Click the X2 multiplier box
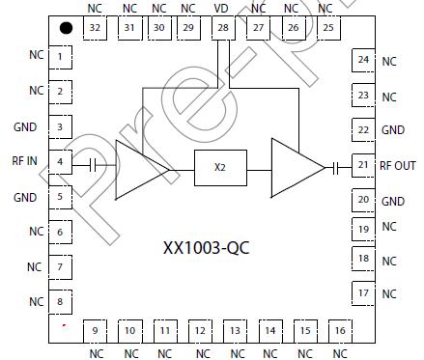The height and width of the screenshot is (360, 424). [x=220, y=167]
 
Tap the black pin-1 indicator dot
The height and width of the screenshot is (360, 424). [x=65, y=28]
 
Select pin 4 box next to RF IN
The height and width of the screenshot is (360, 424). [x=61, y=162]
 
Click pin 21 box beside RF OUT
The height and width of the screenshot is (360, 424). [x=363, y=165]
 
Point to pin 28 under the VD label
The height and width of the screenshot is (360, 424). [x=223, y=27]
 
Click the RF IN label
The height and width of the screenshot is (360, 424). [x=24, y=162]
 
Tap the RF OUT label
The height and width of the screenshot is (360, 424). [x=399, y=165]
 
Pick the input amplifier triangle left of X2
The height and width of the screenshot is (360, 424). [x=137, y=168]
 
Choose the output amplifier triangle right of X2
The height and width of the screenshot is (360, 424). [x=295, y=168]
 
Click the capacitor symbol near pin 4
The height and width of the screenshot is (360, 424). [x=92, y=165]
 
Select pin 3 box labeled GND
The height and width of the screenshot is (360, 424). [x=61, y=127]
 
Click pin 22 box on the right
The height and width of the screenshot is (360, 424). [x=363, y=129]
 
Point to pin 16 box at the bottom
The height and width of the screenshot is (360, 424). [x=339, y=331]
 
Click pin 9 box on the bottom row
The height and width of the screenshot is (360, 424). [x=95, y=331]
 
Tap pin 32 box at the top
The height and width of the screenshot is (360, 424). [x=95, y=27]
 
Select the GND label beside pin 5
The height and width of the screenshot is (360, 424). [x=26, y=197]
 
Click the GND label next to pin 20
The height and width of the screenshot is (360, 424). [x=393, y=201]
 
